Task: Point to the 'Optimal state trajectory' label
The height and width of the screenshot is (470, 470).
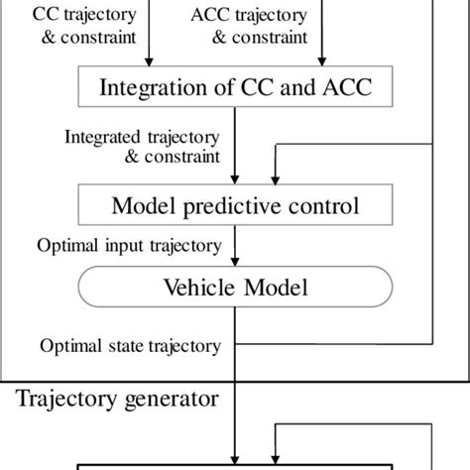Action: tap(129, 346)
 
